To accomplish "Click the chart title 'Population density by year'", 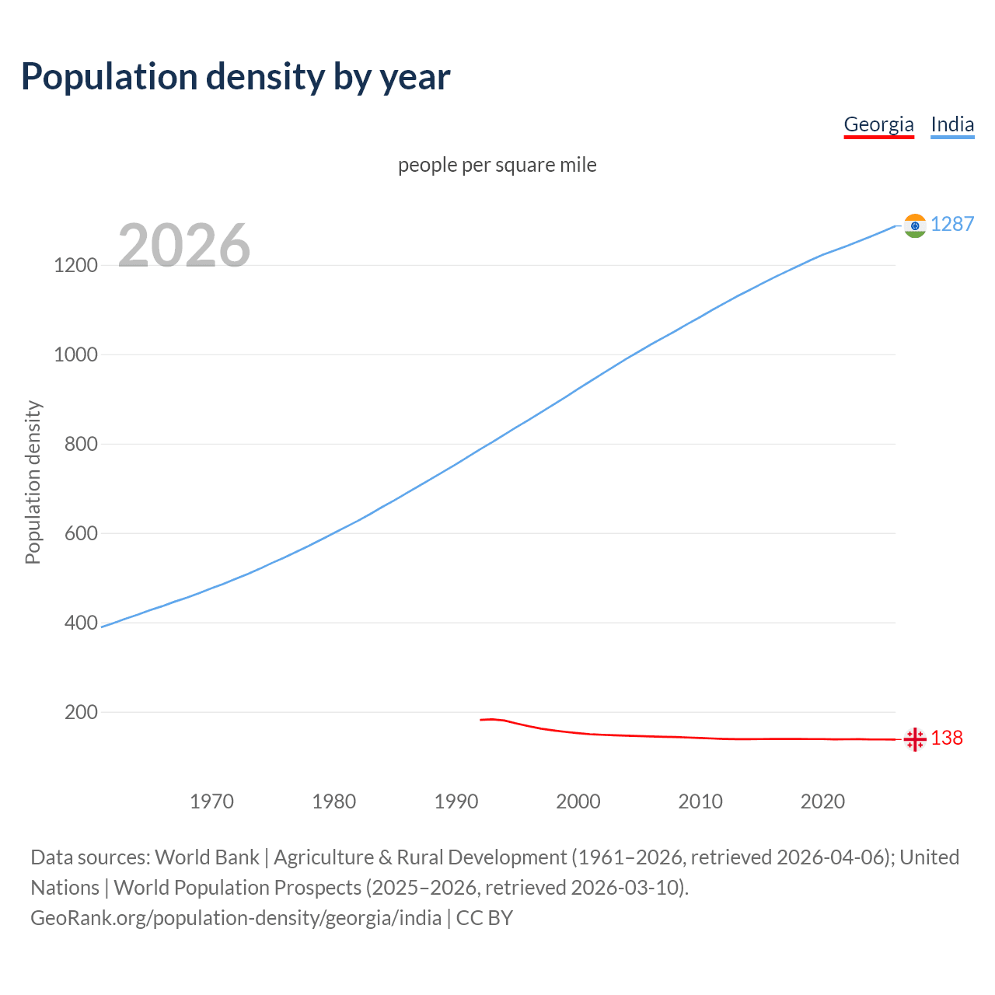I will pos(236,77).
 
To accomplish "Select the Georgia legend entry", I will pos(878,124).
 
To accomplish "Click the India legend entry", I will pos(952,124).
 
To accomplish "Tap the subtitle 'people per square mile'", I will pos(497,165).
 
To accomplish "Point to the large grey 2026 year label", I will pos(184,245).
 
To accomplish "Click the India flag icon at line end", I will pos(915,225).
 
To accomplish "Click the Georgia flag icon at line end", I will pos(915,739).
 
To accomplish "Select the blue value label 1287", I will pos(952,224).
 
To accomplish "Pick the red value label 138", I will pos(947,738).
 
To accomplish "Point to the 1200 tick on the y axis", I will pos(75,265).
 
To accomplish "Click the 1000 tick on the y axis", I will pos(75,354).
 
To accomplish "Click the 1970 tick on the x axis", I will pos(211,801).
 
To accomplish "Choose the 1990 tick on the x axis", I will pos(456,801).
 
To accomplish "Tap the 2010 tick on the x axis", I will pos(700,801).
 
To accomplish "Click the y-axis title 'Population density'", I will pos(33,482).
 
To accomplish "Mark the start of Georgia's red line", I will pos(481,720).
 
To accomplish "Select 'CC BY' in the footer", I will pos(484,918).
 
